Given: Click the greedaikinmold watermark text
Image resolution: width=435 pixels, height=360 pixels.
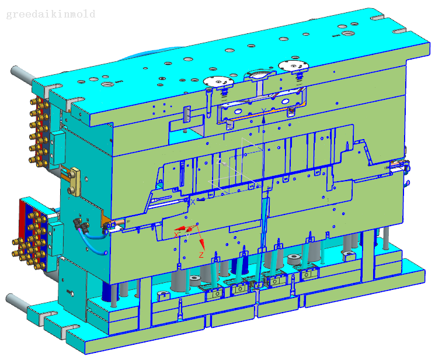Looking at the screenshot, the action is [51, 14].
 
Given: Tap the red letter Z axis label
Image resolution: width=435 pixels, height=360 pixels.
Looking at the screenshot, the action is [201, 255].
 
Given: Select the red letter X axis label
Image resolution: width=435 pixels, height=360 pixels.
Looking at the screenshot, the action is [176, 235].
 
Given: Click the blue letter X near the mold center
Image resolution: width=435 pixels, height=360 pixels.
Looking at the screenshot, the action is [193, 202].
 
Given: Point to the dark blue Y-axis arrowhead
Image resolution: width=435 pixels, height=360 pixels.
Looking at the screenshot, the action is [264, 119].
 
